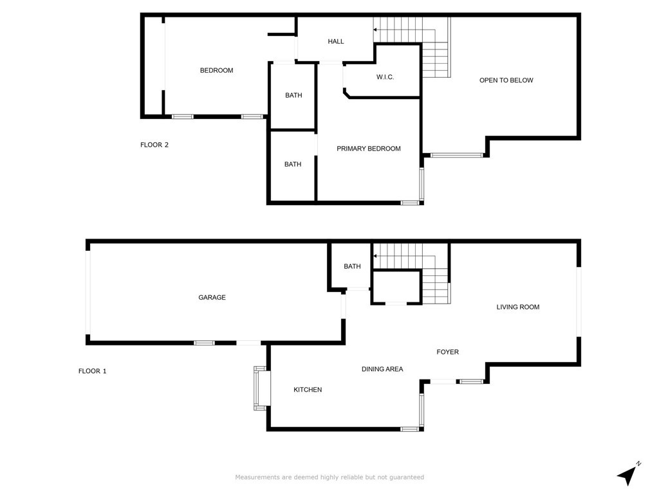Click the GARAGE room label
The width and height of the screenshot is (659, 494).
(212, 297)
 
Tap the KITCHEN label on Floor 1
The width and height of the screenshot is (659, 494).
(308, 390)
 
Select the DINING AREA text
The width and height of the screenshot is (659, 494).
(382, 369)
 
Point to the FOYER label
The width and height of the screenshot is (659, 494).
(448, 352)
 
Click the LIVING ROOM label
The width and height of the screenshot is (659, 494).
(518, 307)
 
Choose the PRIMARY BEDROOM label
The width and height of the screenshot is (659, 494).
(369, 149)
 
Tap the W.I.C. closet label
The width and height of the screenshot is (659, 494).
(385, 77)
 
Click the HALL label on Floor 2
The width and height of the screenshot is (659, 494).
(336, 42)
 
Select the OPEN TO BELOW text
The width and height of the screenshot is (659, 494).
(506, 80)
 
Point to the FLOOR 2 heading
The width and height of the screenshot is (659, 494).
(154, 145)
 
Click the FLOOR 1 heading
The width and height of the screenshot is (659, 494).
(93, 371)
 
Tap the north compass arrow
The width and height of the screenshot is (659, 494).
(628, 475)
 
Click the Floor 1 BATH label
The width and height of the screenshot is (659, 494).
(352, 266)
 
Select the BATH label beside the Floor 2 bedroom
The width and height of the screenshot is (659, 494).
(293, 95)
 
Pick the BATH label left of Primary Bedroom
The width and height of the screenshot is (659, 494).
(293, 164)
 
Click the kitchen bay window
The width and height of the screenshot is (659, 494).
(261, 388)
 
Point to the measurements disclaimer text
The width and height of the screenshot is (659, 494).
(329, 477)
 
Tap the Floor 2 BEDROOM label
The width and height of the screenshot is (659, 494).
(216, 71)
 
